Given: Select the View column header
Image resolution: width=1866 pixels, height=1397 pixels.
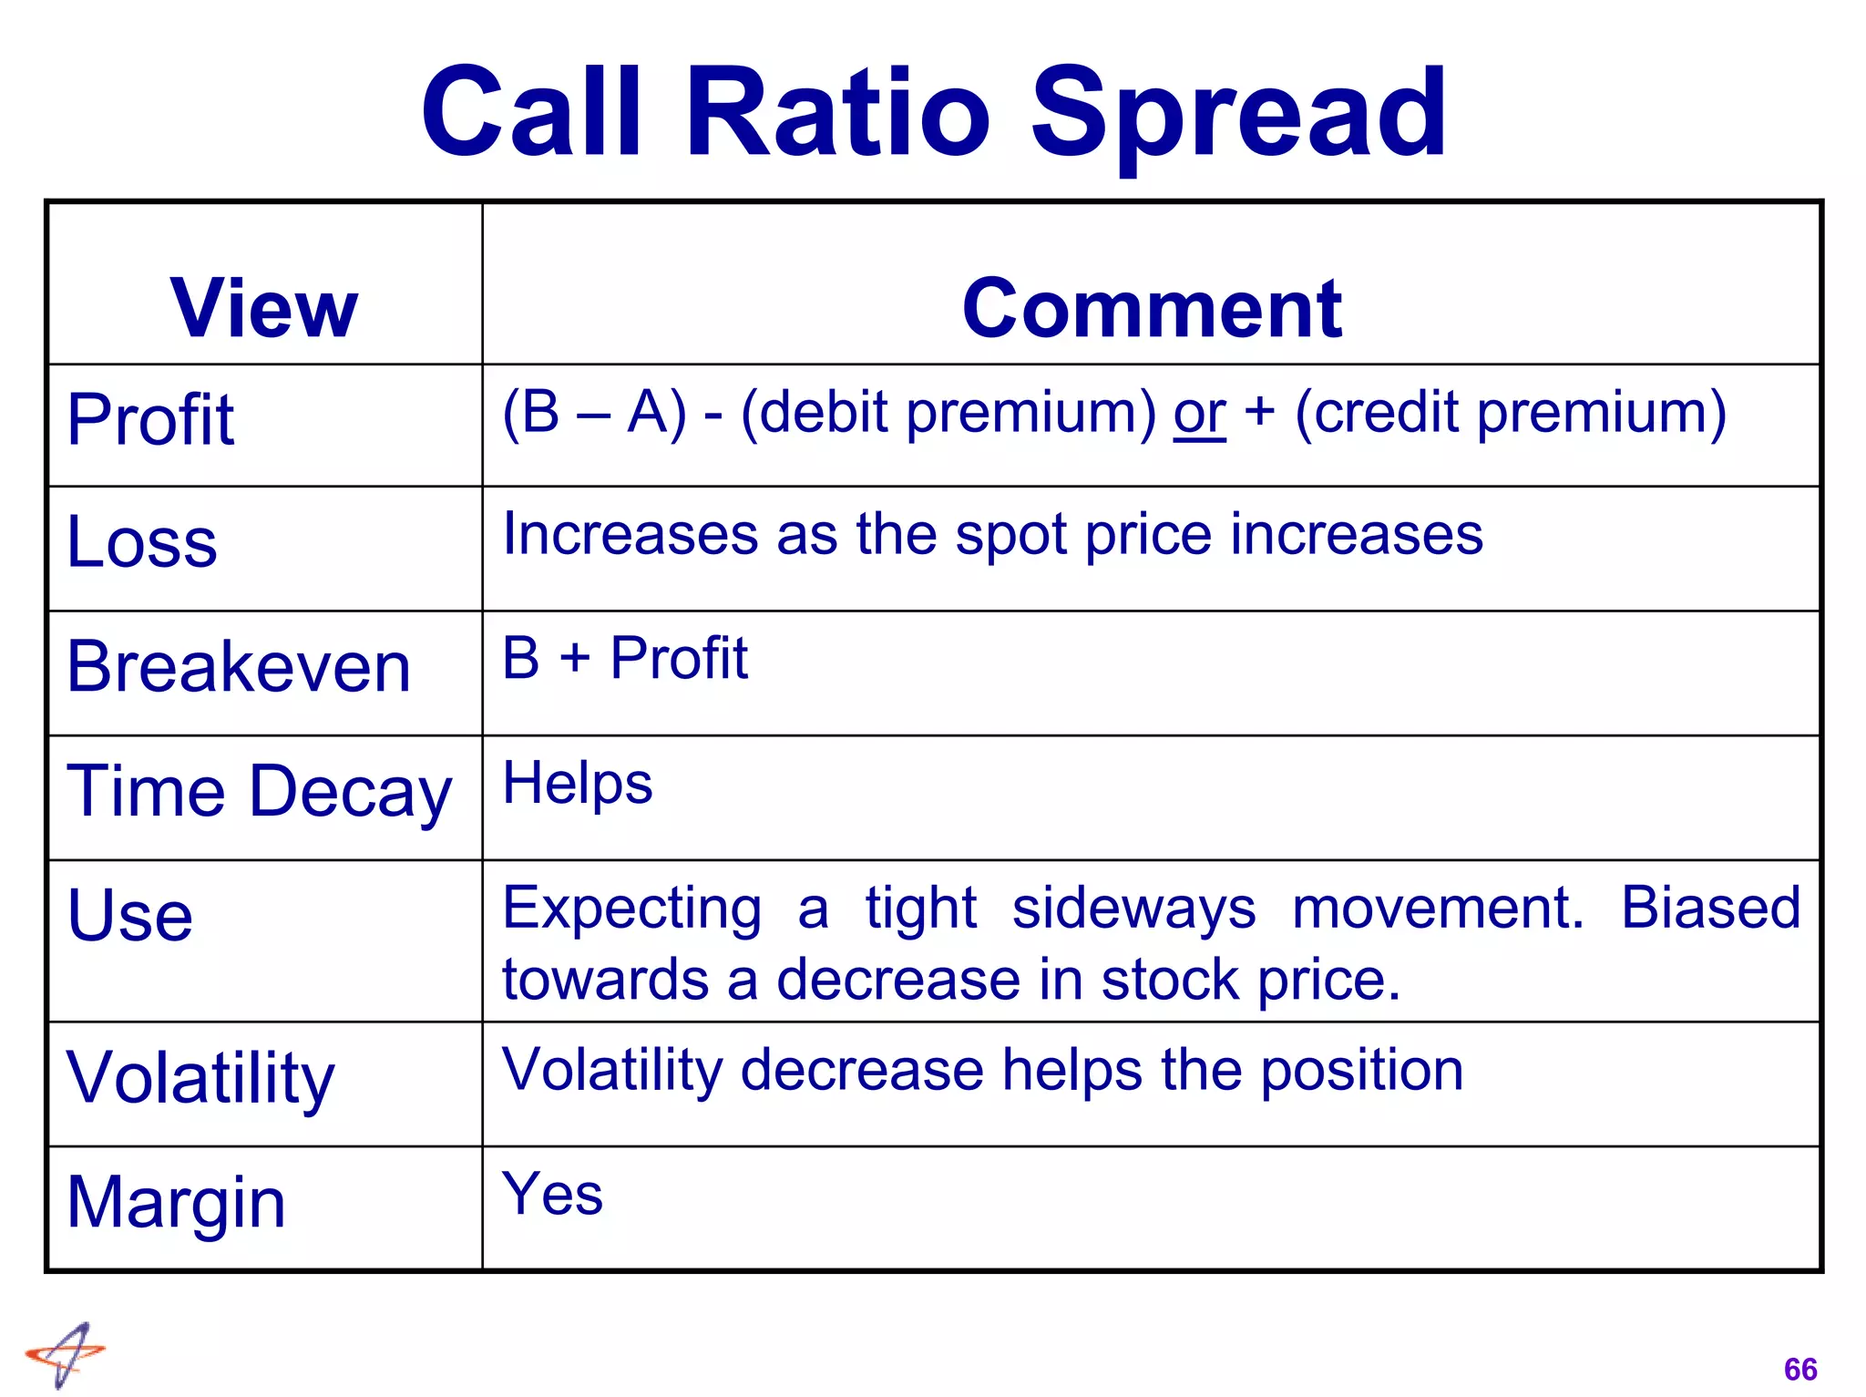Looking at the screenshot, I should click(264, 308).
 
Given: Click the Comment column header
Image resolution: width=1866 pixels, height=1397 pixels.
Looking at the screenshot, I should click(1152, 308).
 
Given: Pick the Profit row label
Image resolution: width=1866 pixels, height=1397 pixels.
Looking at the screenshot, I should click(151, 419).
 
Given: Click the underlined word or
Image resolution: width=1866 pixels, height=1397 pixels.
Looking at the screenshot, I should click(1199, 414).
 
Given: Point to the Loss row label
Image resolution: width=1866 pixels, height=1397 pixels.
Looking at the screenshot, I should click(142, 542).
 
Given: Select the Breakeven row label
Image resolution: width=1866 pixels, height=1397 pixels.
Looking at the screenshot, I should click(239, 667).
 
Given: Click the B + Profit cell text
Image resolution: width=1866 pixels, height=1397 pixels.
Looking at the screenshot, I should click(625, 658).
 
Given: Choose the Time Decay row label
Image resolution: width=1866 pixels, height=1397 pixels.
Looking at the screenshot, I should click(259, 791).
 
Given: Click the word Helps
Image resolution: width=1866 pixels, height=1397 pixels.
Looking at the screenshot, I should click(578, 784).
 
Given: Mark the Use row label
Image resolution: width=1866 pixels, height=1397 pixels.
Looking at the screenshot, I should click(130, 915).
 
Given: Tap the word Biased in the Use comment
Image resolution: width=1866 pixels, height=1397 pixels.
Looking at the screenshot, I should click(1710, 908).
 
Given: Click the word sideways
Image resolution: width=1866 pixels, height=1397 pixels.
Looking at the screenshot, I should click(1133, 909).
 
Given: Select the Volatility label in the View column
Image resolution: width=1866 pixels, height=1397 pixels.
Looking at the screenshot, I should click(200, 1078).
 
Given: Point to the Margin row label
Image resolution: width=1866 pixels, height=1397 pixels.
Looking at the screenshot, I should click(177, 1203).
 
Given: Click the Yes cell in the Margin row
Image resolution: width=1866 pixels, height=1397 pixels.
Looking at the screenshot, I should click(552, 1194).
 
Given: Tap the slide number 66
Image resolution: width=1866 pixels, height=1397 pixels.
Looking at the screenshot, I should click(1799, 1369).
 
